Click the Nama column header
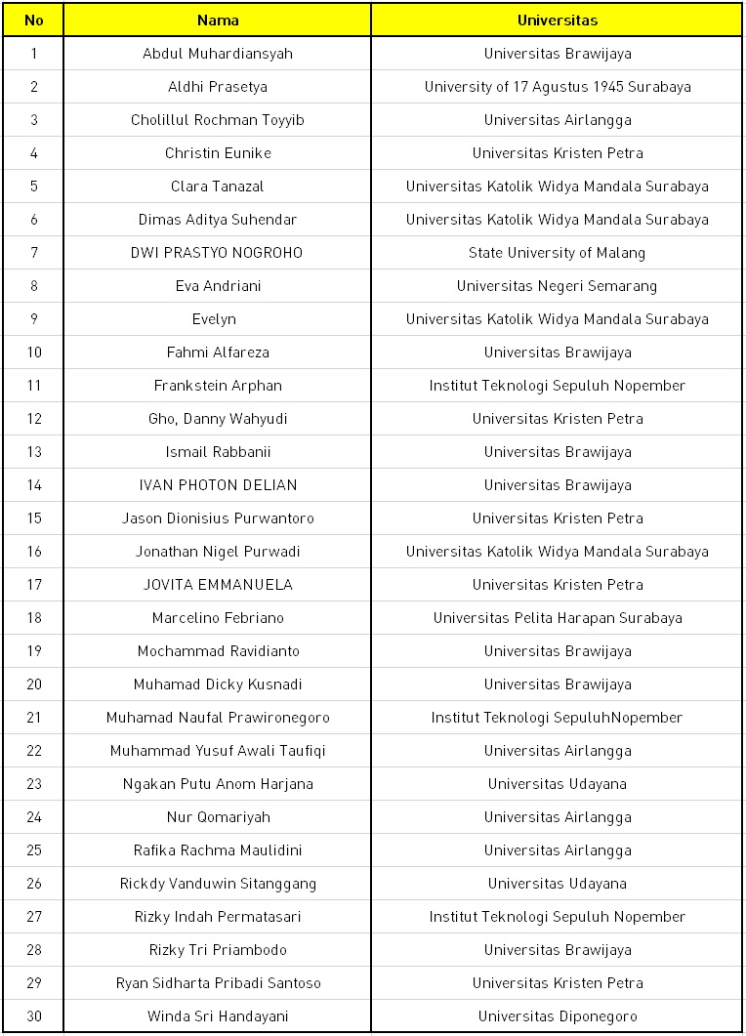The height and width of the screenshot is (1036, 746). tap(217, 20)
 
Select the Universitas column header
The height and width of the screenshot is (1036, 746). tap(557, 20)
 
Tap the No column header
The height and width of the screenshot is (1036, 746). tap(33, 20)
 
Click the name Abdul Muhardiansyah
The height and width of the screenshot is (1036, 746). tap(217, 54)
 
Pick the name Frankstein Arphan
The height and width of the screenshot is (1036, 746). tap(217, 386)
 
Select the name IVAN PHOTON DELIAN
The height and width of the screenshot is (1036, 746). tap(217, 485)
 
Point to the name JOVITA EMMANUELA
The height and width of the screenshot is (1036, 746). tap(217, 585)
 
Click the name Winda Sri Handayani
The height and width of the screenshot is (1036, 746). tap(217, 1016)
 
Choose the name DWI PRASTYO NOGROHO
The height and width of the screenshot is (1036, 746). tap(217, 253)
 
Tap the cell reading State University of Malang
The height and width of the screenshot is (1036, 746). tap(557, 253)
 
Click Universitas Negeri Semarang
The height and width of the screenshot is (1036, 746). tap(557, 286)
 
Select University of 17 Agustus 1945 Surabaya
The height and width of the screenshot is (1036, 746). tap(557, 87)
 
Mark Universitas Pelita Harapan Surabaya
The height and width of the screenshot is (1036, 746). tap(557, 618)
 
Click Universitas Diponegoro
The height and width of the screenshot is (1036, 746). tap(557, 1016)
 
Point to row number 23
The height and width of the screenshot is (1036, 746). tap(33, 784)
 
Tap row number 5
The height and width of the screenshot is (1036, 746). tap(33, 186)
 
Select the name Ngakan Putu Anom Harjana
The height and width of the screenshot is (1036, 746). tap(217, 784)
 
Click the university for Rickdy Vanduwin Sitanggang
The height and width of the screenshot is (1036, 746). tap(557, 884)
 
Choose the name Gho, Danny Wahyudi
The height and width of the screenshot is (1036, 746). tap(217, 419)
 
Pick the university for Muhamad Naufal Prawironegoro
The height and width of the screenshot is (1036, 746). tap(557, 718)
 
